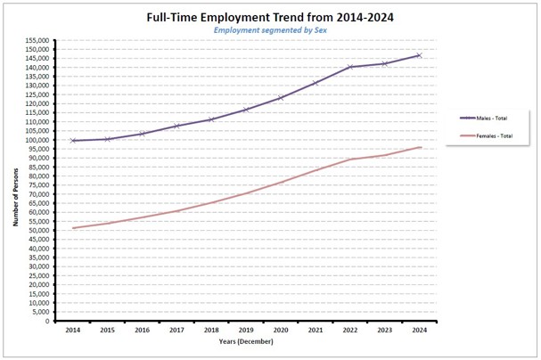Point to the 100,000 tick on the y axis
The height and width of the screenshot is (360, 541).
coord(37,140)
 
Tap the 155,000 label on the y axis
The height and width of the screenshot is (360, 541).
coord(37,40)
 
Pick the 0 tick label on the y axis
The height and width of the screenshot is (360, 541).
coord(48,322)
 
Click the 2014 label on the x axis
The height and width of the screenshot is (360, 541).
coord(73,331)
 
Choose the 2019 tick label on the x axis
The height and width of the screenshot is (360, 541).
coord(246,331)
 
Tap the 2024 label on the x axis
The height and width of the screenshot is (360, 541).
coord(419,331)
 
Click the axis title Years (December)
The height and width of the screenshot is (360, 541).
coord(246,342)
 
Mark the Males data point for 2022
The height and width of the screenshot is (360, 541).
coord(350,67)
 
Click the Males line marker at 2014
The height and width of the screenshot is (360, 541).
coord(73,141)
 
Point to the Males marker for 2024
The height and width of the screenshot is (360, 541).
coord(419,55)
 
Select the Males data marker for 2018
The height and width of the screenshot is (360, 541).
coord(211,119)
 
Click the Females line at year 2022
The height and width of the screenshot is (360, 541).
coord(350,160)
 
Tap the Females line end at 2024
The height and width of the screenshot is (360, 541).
coord(419,147)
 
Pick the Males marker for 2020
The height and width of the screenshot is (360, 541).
coord(281,98)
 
